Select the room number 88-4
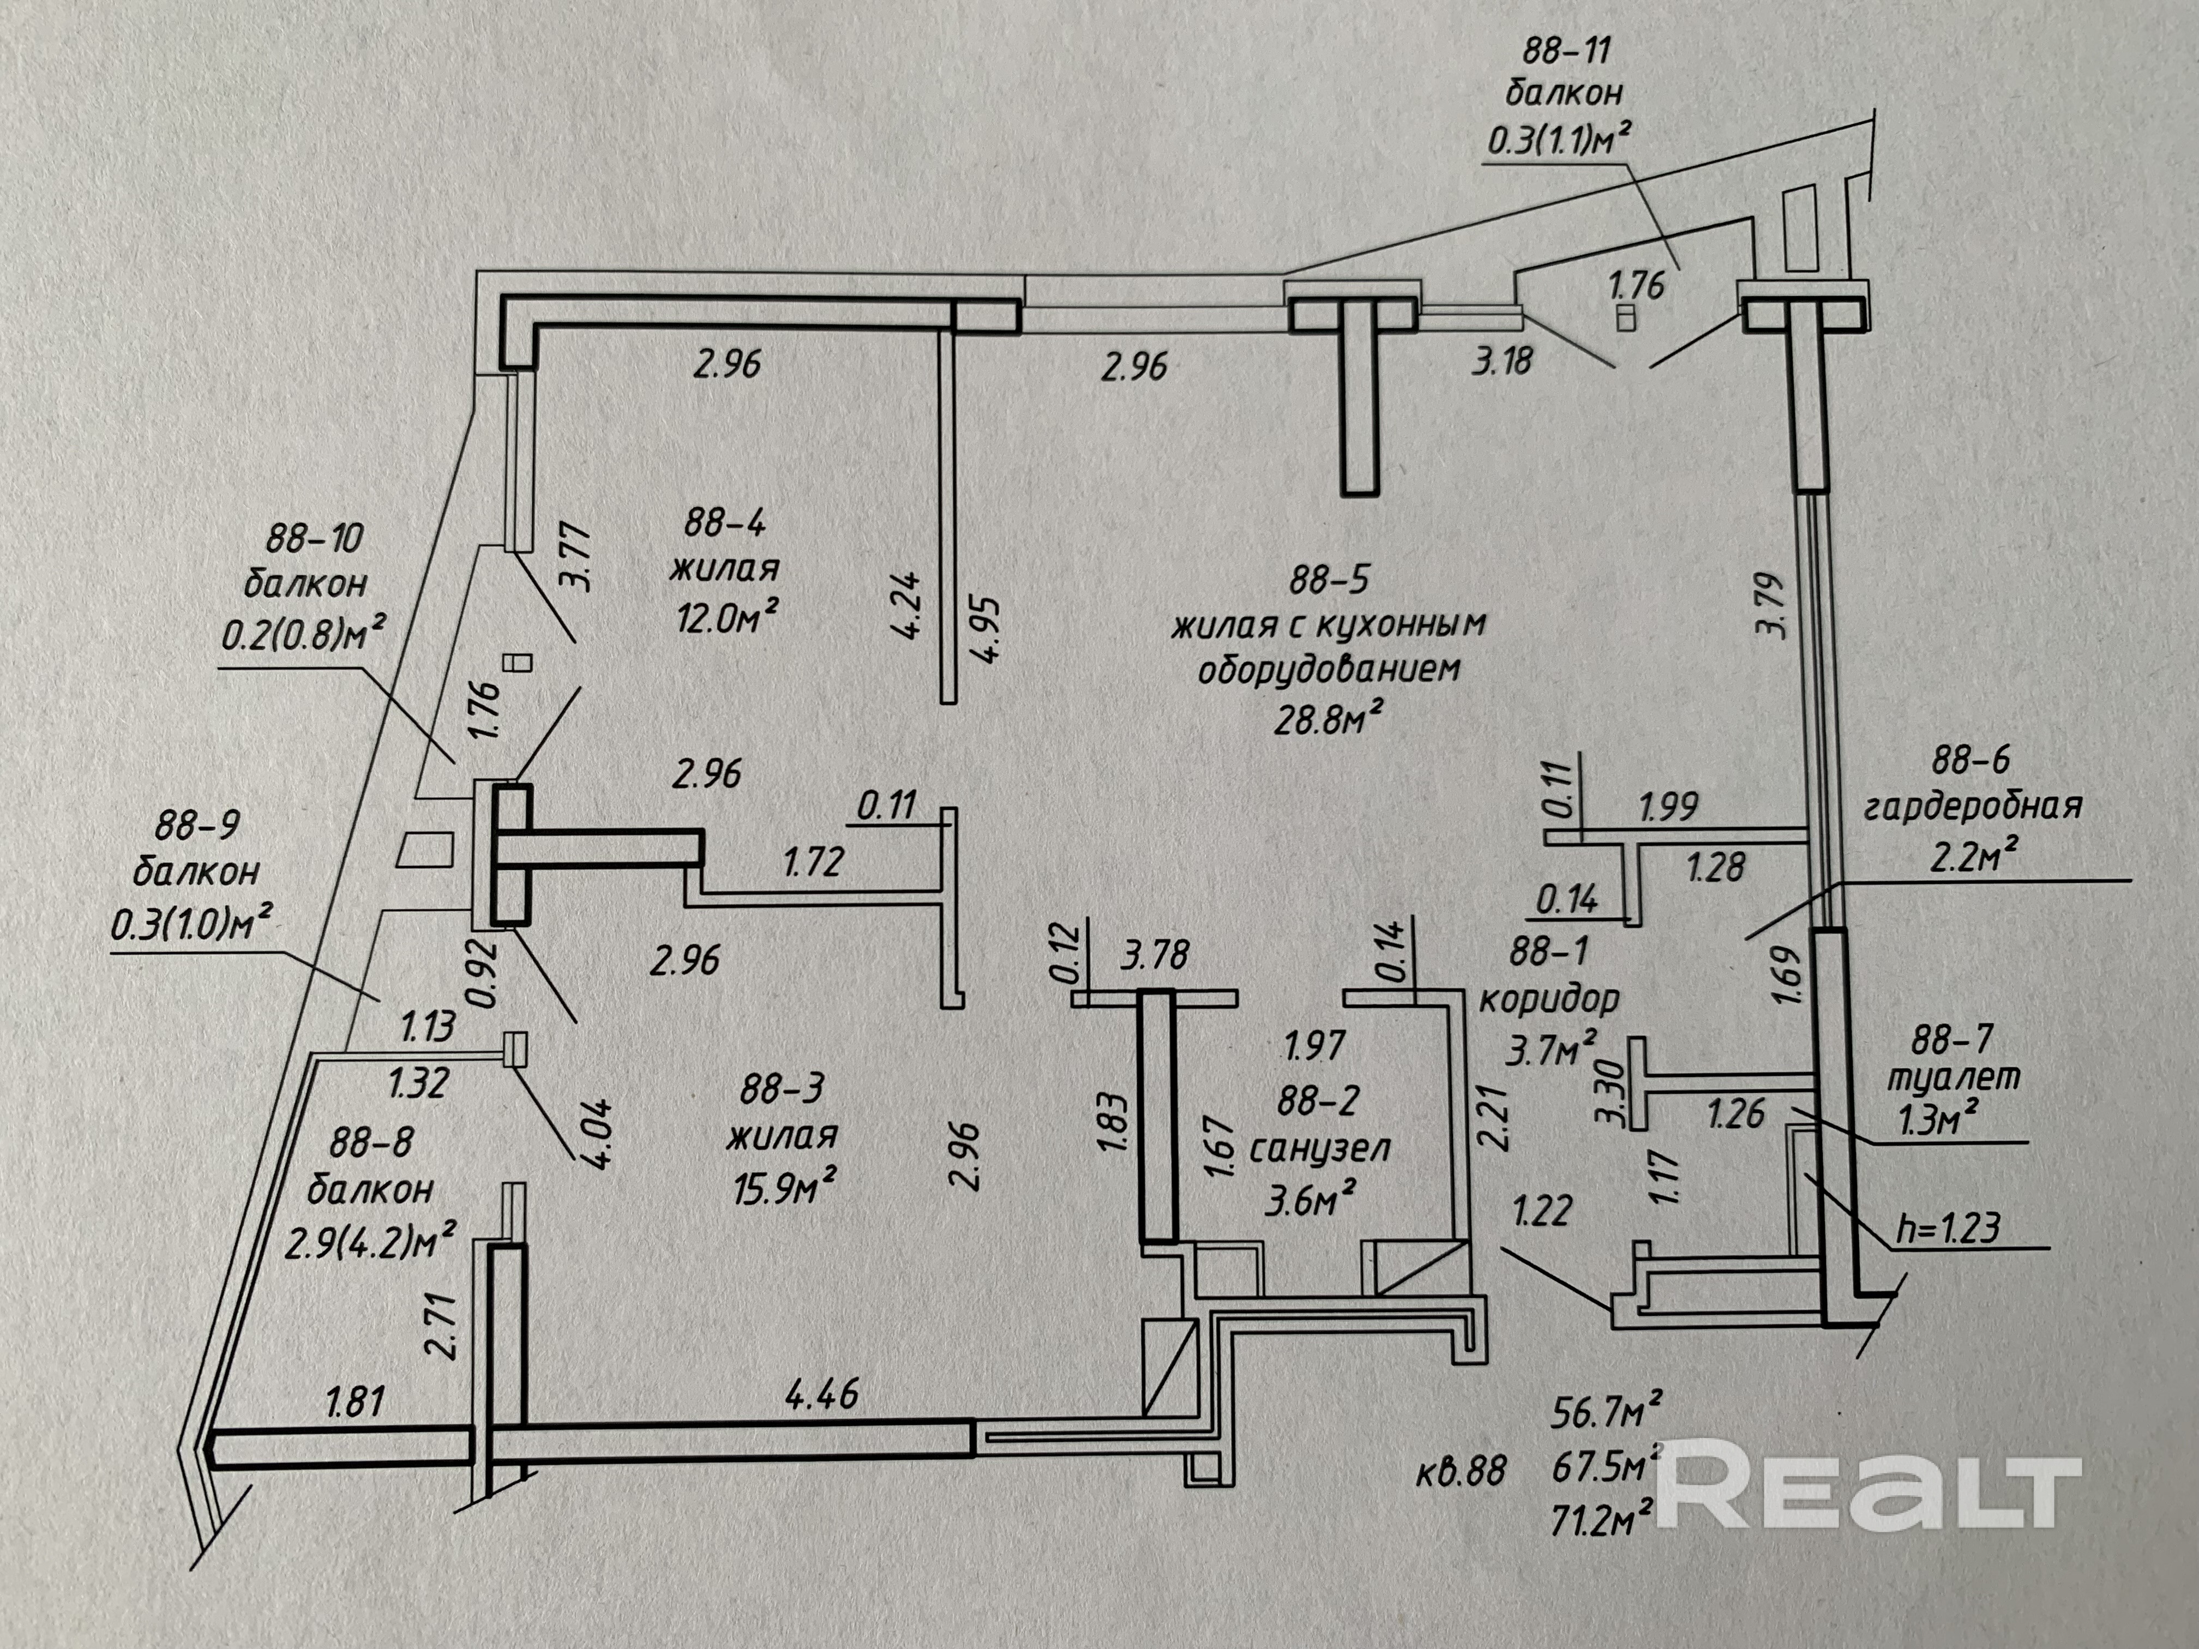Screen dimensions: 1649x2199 pos(725,522)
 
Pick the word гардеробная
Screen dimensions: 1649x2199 pos(1972,806)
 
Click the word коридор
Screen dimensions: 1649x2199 pos(1549,998)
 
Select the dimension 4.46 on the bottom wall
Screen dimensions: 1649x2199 pos(821,1394)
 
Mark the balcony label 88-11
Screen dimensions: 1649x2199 pos(1566,49)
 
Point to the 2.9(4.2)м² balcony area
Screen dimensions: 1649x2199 pos(370,1242)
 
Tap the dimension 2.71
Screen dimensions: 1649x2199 pos(440,1325)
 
